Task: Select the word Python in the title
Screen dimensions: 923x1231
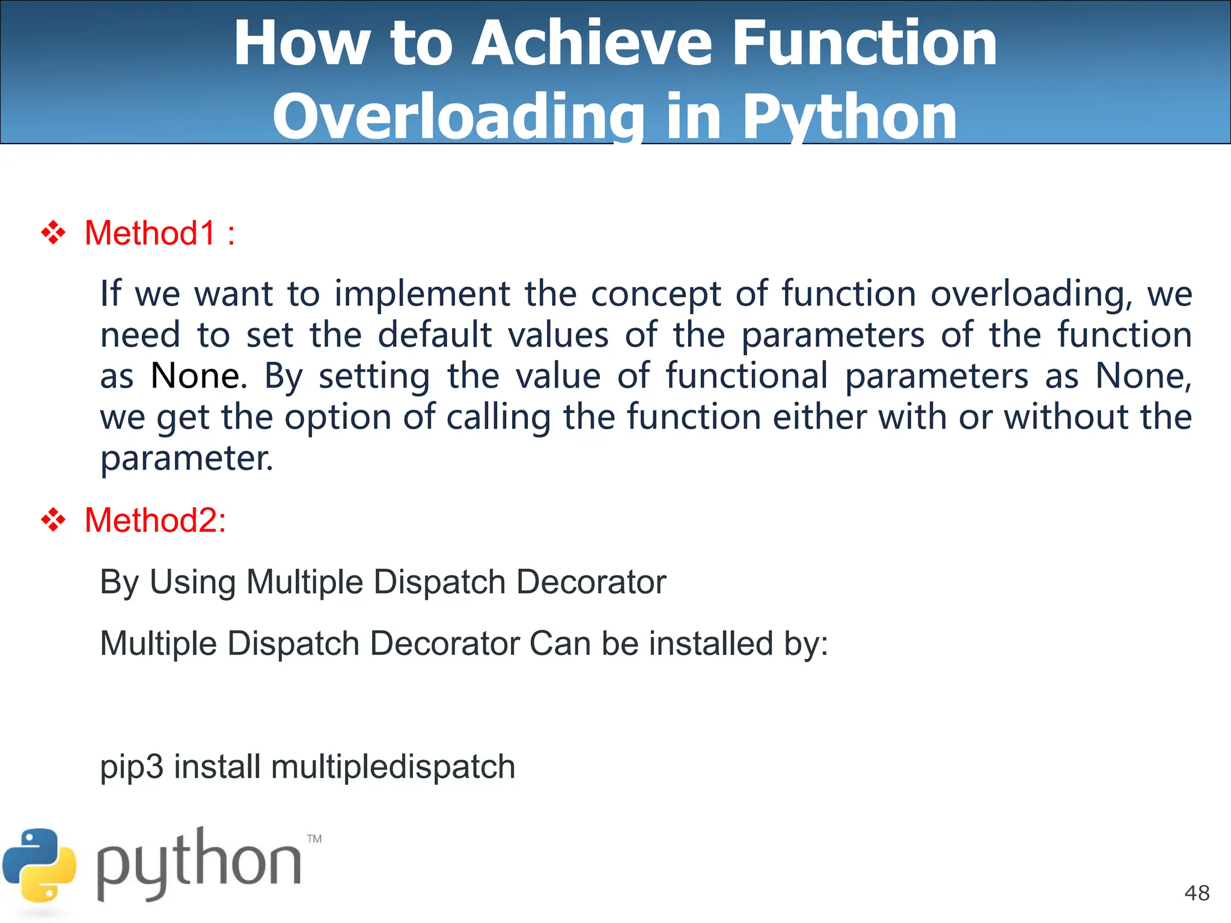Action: tap(849, 117)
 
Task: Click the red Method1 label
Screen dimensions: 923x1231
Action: tap(150, 233)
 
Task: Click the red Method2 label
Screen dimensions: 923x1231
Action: tap(154, 520)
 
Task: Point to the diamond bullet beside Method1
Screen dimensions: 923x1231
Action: tap(53, 233)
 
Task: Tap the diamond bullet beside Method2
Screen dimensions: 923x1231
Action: tap(53, 520)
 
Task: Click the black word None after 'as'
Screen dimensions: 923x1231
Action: tap(195, 376)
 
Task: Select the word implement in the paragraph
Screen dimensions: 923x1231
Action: tap(422, 294)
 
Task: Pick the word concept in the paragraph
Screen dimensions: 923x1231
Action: tap(655, 294)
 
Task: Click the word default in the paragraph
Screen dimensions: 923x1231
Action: tap(434, 335)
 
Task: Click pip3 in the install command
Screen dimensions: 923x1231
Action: tap(131, 767)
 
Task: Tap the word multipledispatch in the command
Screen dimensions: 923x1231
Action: tap(393, 767)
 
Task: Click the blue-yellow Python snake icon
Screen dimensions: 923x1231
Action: tap(40, 865)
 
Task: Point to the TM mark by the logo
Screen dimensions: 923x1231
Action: tap(314, 839)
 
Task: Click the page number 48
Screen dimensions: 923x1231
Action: tap(1197, 893)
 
